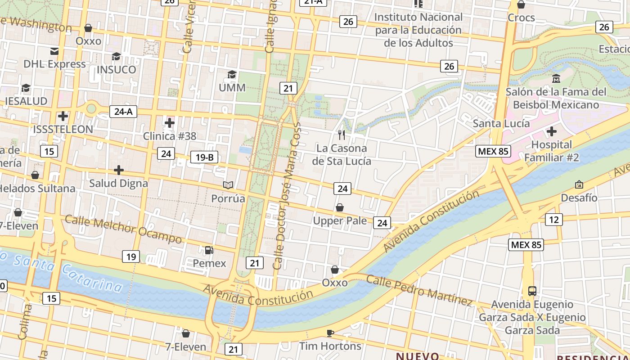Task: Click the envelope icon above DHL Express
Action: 54,51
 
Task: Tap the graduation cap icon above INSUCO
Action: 116,56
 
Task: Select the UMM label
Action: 232,87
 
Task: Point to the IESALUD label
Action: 26,101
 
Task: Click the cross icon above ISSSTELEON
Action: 63,117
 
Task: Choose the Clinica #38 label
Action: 170,136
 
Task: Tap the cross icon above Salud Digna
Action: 119,170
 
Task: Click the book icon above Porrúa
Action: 229,185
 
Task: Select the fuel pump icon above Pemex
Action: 209,250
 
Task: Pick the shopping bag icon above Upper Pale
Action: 340,207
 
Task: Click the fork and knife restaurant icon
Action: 342,135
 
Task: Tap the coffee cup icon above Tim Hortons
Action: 330,333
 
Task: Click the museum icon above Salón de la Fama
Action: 556,79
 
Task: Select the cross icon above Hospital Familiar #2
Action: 552,132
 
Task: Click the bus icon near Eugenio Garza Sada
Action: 532,291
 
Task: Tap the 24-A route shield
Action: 123,112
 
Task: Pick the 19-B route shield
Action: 204,157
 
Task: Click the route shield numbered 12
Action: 553,220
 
